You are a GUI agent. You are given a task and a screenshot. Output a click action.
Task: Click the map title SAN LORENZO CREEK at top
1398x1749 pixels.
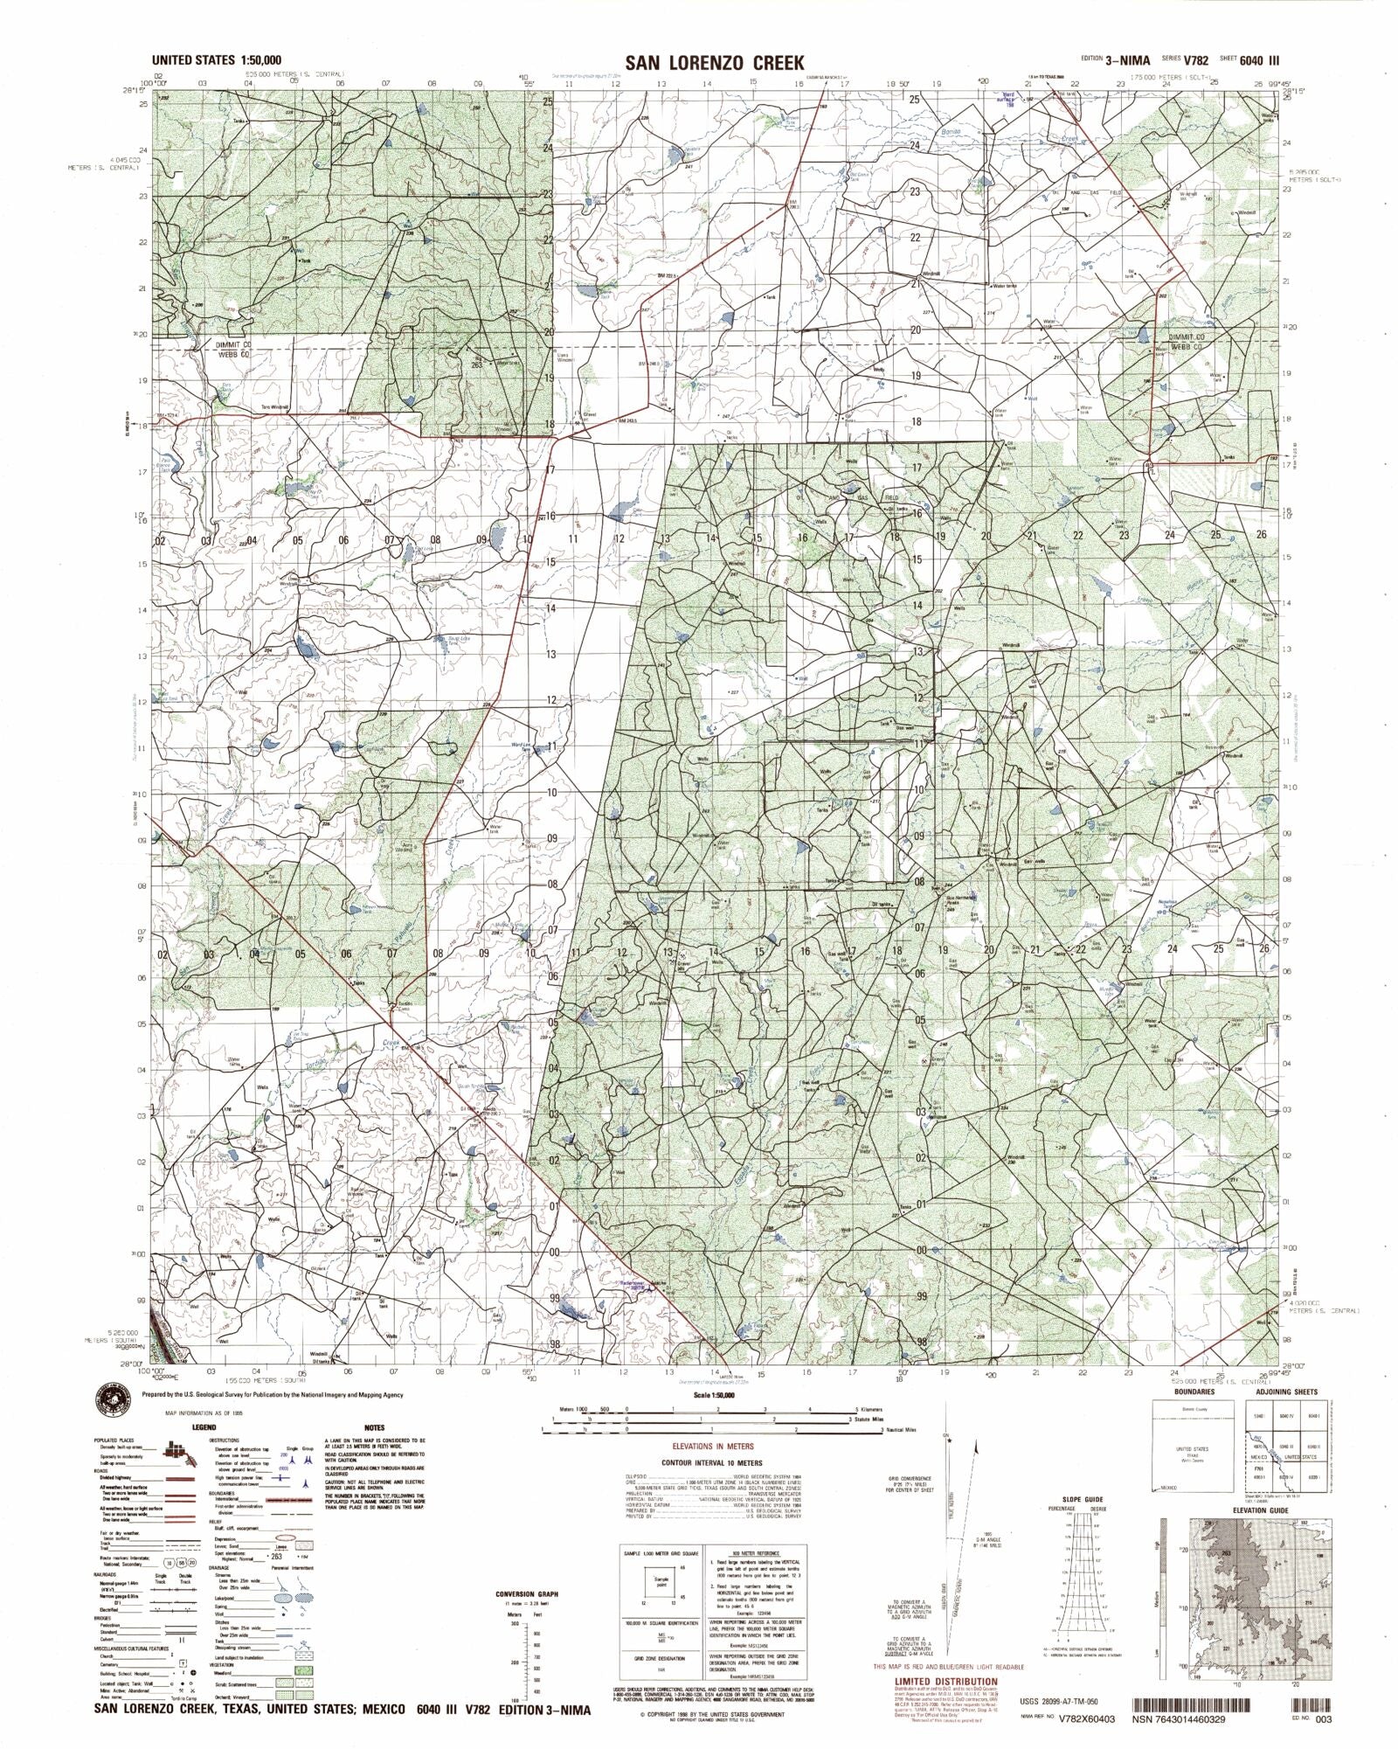coord(714,62)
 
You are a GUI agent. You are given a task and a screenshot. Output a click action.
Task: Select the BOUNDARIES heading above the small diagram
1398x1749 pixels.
coord(1194,1392)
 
